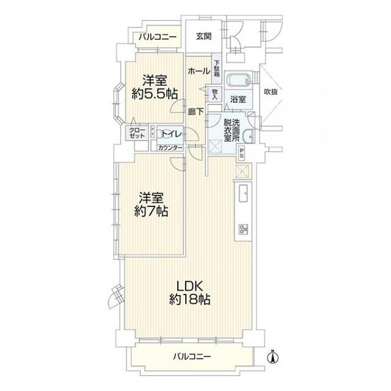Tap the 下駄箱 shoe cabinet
coord(216,65)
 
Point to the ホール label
coord(199,71)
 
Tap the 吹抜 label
coord(271,92)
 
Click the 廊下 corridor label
coord(195,112)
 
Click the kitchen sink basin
coord(241,194)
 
